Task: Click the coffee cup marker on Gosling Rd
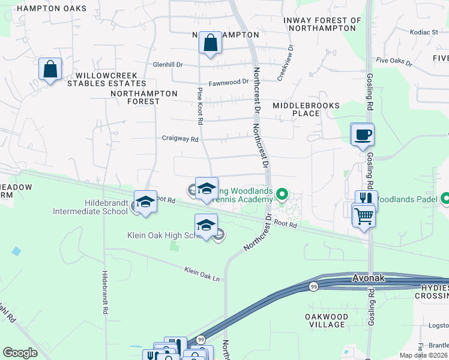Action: click(362, 134)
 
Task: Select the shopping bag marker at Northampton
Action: click(210, 43)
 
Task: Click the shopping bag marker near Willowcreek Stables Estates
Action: click(50, 69)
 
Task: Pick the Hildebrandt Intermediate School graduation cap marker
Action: click(145, 202)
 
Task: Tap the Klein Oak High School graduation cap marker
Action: click(206, 225)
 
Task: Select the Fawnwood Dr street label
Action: click(228, 82)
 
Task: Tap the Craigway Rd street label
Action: click(180, 139)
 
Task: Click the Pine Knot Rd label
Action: click(201, 106)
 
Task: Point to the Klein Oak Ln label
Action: click(202, 274)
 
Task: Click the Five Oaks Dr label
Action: click(393, 60)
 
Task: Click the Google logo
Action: click(20, 353)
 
